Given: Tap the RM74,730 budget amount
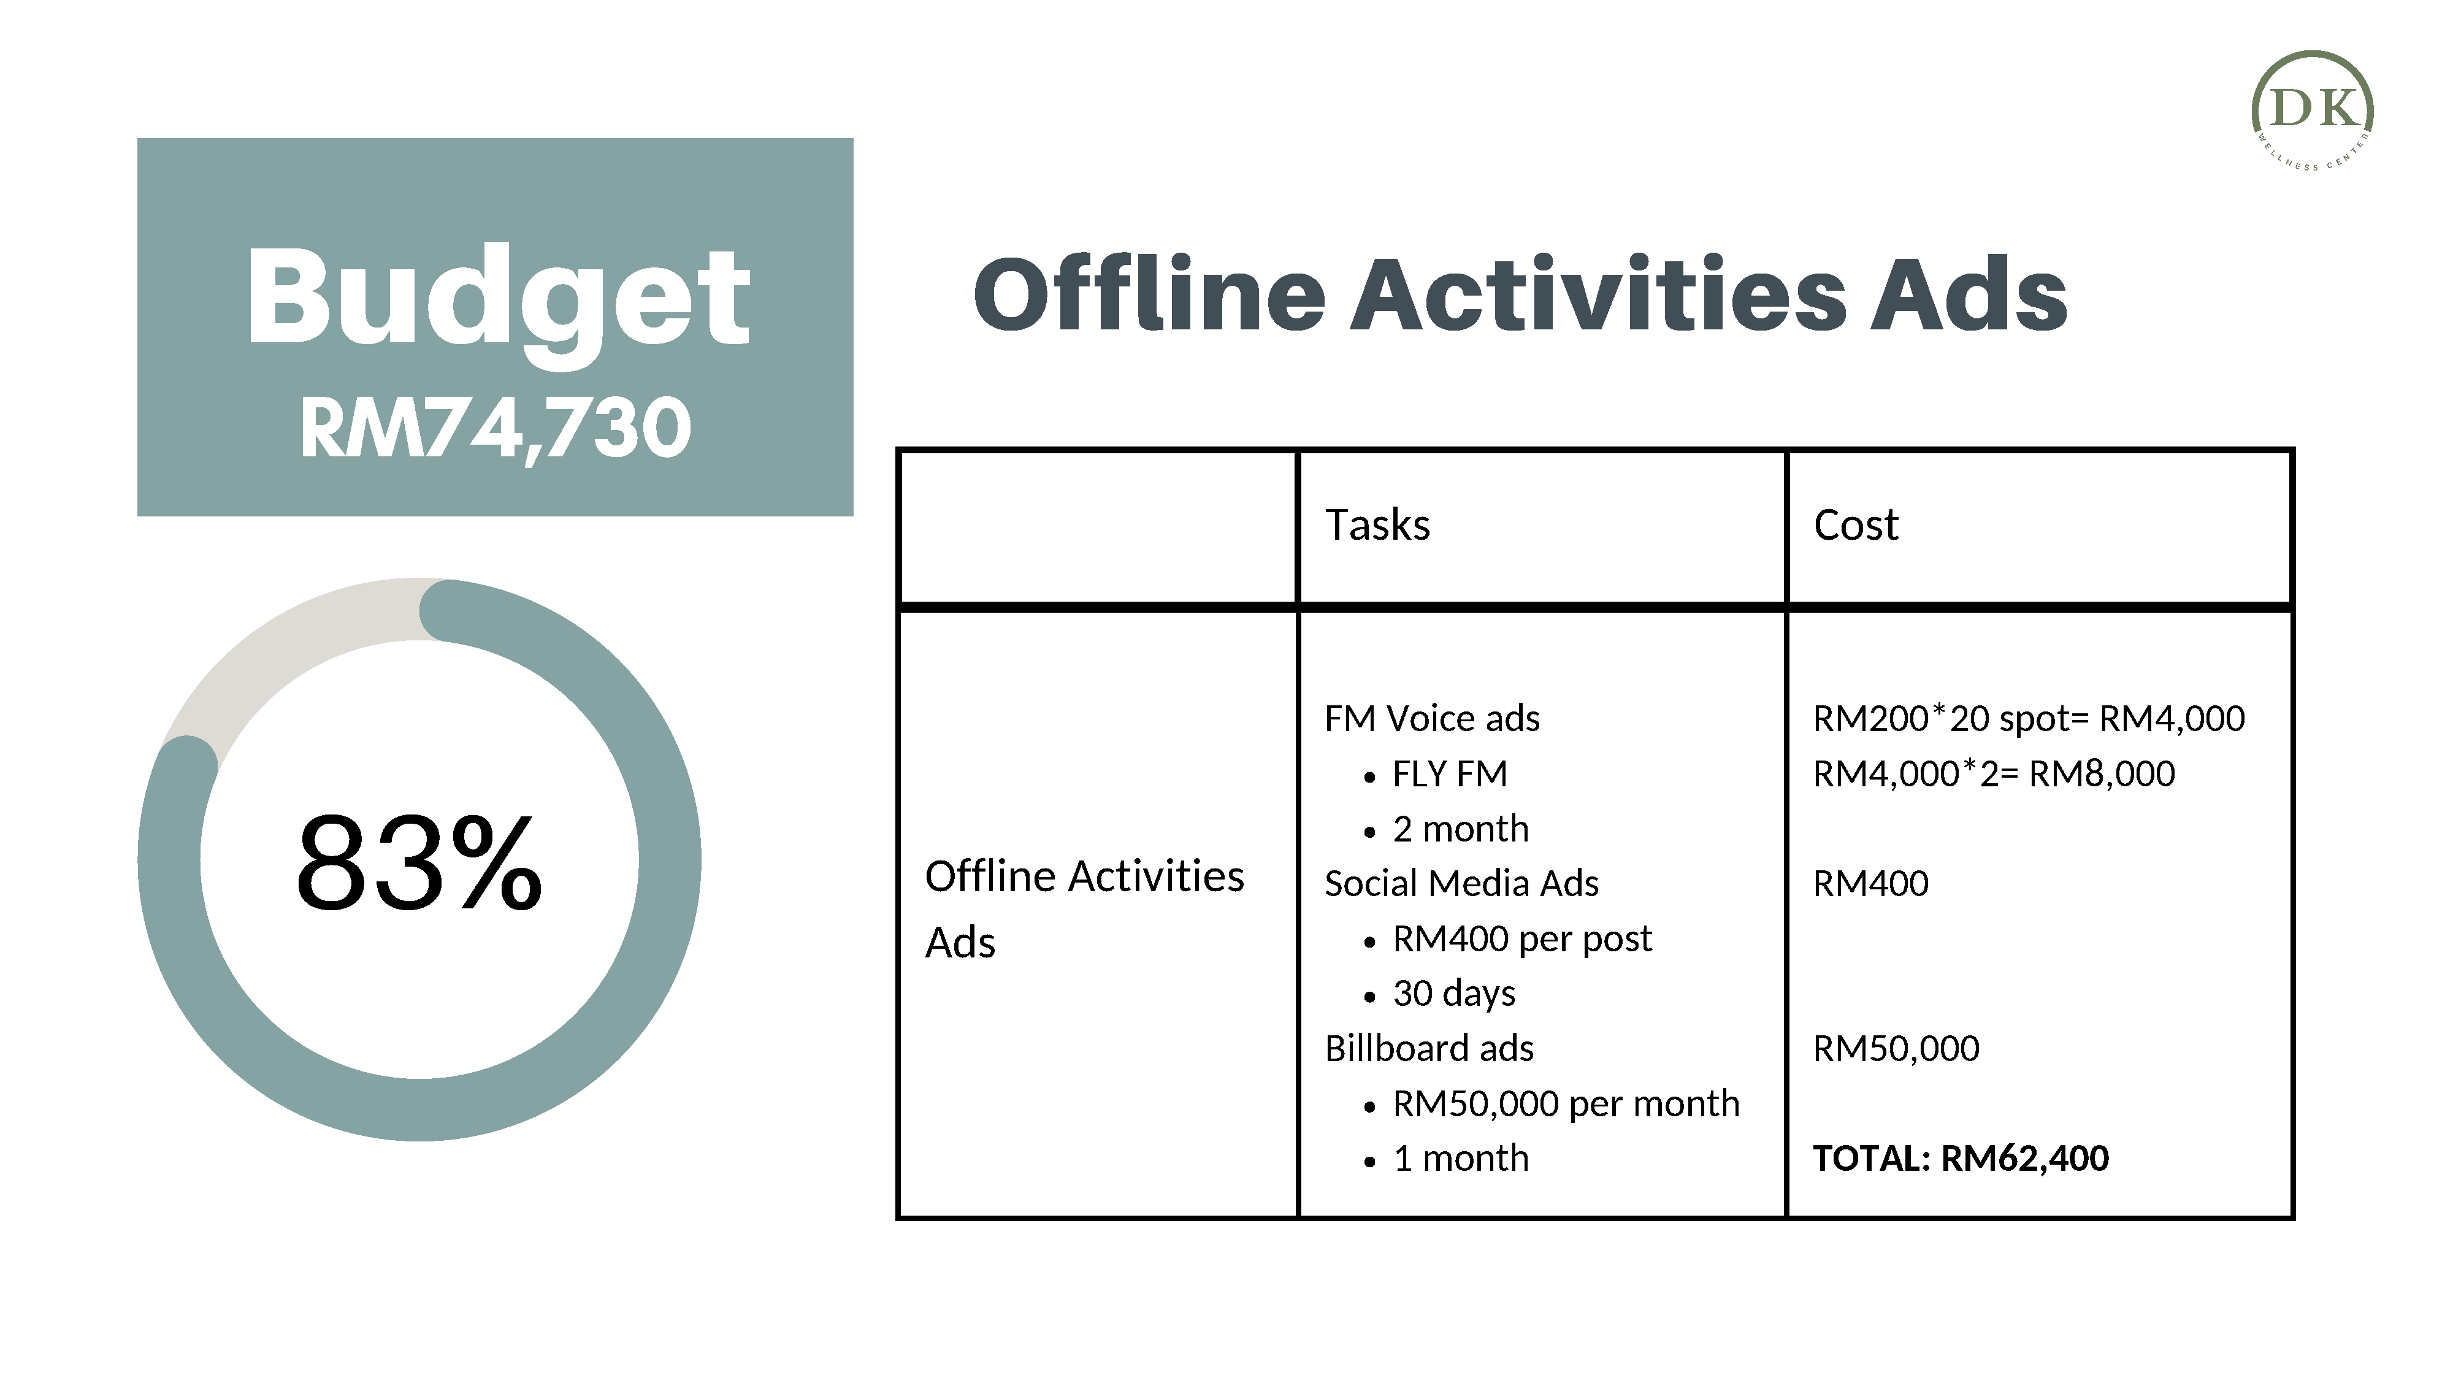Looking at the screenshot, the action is (495, 429).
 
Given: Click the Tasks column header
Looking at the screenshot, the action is (1377, 525).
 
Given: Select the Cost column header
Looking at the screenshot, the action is (1856, 525).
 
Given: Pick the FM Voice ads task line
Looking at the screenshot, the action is (1431, 719).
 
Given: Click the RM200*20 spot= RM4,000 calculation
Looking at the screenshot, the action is (2028, 719).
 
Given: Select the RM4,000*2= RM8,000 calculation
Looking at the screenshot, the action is (1994, 774).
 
